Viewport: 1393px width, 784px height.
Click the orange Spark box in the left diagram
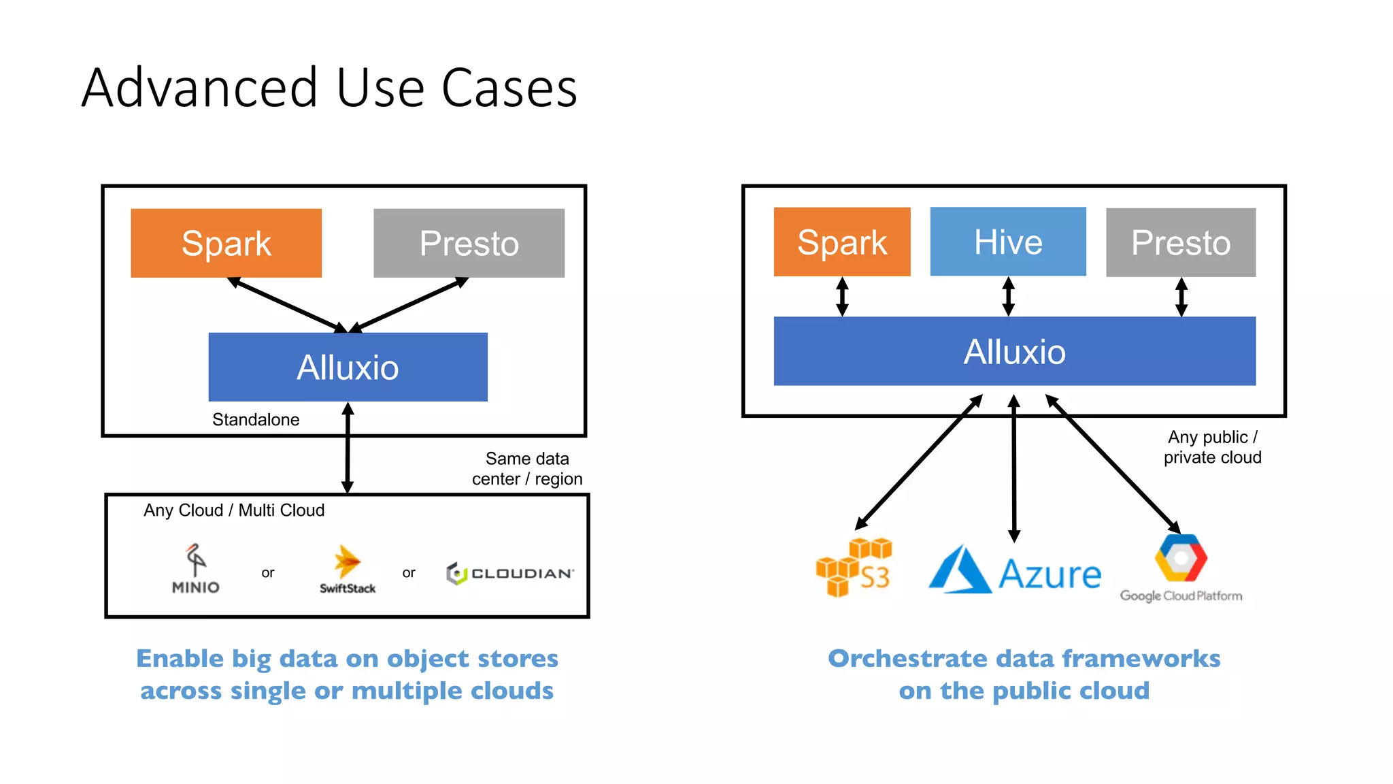click(x=226, y=243)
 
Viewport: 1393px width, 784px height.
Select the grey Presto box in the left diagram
click(x=469, y=243)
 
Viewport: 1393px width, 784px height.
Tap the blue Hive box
click(x=1007, y=242)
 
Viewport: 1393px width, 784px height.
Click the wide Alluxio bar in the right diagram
click(x=1014, y=351)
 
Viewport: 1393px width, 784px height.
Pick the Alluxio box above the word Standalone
click(x=348, y=367)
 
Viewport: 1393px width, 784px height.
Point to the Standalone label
click(x=256, y=419)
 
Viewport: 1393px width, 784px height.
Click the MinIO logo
click(x=195, y=569)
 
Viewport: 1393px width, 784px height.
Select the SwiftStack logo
click(x=348, y=570)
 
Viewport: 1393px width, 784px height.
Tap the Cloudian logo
click(x=510, y=573)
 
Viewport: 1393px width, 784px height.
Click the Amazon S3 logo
click(x=854, y=567)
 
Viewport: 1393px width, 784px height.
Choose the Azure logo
click(x=1014, y=570)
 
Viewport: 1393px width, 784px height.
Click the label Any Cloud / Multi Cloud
click(x=234, y=510)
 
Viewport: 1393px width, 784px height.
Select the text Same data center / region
click(x=527, y=468)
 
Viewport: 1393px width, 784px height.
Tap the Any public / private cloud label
click(x=1212, y=446)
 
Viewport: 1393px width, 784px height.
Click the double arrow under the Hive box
click(x=1009, y=296)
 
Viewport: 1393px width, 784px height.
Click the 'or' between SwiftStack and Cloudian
click(x=408, y=573)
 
